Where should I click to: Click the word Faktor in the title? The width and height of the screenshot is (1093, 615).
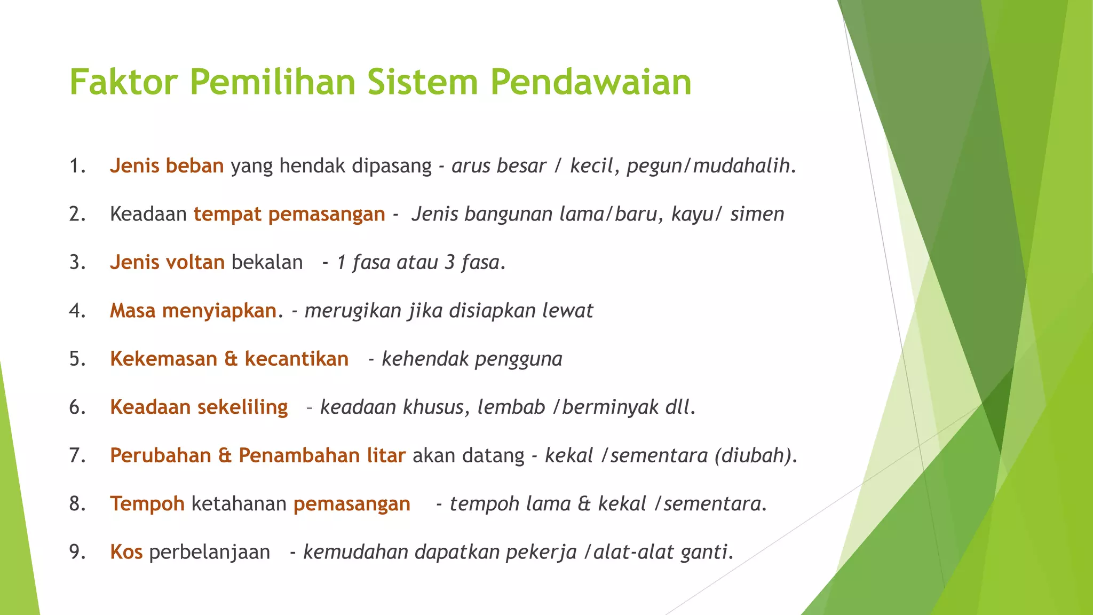(123, 82)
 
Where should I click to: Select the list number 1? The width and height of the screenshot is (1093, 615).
(77, 166)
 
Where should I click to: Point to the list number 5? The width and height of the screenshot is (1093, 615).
(77, 359)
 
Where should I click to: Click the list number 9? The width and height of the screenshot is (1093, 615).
(77, 552)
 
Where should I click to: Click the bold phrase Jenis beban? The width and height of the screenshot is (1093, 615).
(167, 166)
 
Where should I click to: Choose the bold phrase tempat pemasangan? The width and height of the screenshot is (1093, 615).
(289, 214)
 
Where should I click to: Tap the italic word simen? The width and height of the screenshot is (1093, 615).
(757, 214)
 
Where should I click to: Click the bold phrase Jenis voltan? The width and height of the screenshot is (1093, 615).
(167, 263)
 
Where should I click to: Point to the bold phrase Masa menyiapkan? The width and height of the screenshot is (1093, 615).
(193, 311)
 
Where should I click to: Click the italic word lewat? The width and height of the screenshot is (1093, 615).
(567, 311)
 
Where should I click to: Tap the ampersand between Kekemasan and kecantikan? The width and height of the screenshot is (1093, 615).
(231, 359)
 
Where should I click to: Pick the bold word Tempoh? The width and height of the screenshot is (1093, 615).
(147, 504)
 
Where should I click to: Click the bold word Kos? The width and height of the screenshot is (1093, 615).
(126, 552)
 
